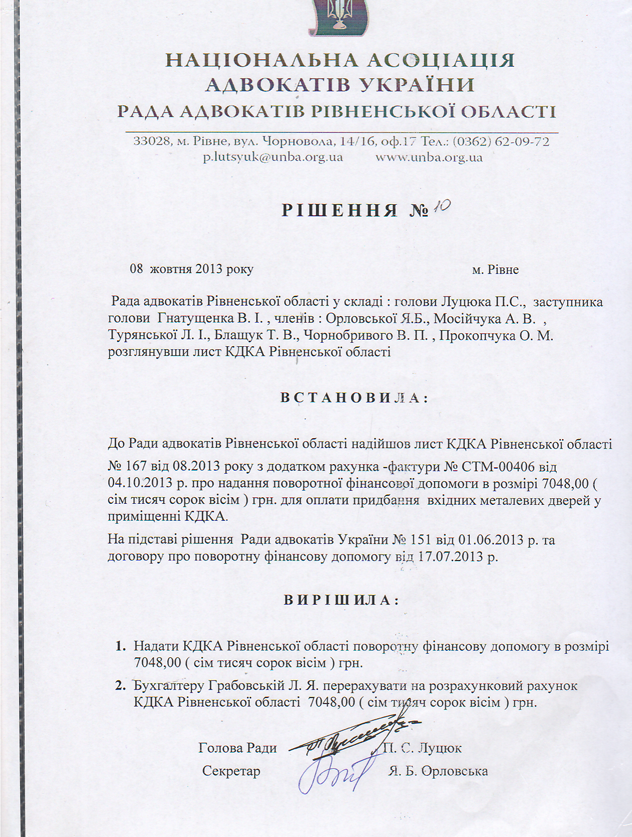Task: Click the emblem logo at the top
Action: (x=338, y=18)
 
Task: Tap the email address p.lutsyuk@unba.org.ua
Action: (x=273, y=157)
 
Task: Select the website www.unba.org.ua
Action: (x=429, y=157)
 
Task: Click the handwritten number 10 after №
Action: (x=442, y=207)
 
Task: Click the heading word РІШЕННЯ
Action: (x=340, y=210)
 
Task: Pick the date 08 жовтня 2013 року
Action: (x=191, y=269)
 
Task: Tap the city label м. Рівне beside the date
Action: (x=495, y=269)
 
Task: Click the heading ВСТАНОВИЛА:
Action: (x=354, y=398)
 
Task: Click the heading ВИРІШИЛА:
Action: (x=341, y=600)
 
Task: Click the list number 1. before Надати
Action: (x=120, y=646)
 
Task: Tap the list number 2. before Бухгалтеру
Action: (x=120, y=685)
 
